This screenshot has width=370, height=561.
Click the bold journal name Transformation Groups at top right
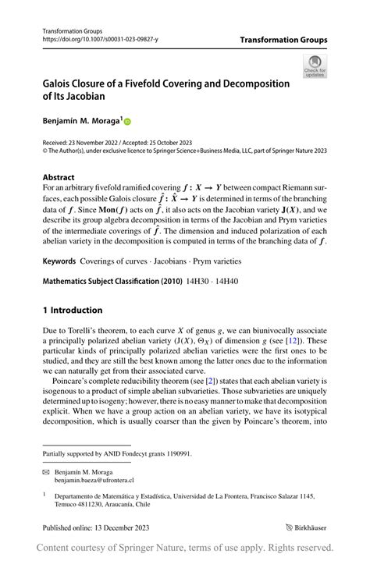pos(283,40)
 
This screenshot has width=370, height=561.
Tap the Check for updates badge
pos(315,66)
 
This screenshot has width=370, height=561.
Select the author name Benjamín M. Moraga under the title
pos(79,121)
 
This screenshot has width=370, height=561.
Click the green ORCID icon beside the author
pos(128,122)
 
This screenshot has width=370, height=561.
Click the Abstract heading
pos(59,177)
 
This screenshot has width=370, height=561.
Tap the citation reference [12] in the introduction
pos(311,340)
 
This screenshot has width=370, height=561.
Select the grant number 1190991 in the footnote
pos(175,454)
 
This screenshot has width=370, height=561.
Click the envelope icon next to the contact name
pos(46,473)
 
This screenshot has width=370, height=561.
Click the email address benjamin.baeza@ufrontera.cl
pos(98,481)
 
